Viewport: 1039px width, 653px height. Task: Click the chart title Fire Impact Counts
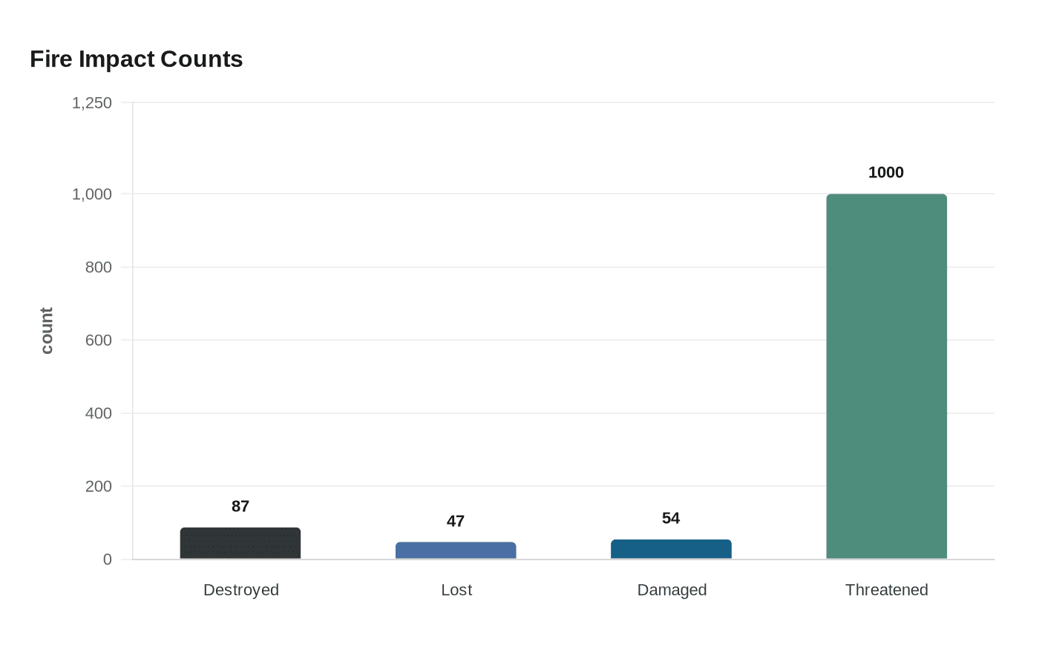(137, 59)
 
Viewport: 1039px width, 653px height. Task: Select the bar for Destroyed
(240, 544)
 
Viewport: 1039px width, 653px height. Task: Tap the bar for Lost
(456, 551)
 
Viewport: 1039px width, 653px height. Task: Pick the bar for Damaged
(671, 549)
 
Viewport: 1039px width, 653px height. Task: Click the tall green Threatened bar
(886, 377)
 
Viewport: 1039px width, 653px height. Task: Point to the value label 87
(240, 507)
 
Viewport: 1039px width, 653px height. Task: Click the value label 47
(456, 522)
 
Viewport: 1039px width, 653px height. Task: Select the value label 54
(671, 519)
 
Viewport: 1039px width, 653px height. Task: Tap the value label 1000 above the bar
(886, 173)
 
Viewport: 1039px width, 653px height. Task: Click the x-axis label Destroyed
(241, 590)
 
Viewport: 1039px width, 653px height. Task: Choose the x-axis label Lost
(456, 590)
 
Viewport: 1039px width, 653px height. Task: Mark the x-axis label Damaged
(672, 590)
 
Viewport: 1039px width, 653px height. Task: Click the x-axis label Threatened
(886, 590)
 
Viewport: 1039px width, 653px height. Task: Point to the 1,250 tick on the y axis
(92, 103)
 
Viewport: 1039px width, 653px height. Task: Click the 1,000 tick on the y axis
(92, 194)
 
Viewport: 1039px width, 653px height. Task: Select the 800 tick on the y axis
(99, 267)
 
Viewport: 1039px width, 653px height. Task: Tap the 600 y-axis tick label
(99, 341)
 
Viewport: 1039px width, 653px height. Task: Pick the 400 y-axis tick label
(99, 413)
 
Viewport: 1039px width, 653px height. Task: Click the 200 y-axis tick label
(99, 487)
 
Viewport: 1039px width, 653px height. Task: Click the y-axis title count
(47, 331)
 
